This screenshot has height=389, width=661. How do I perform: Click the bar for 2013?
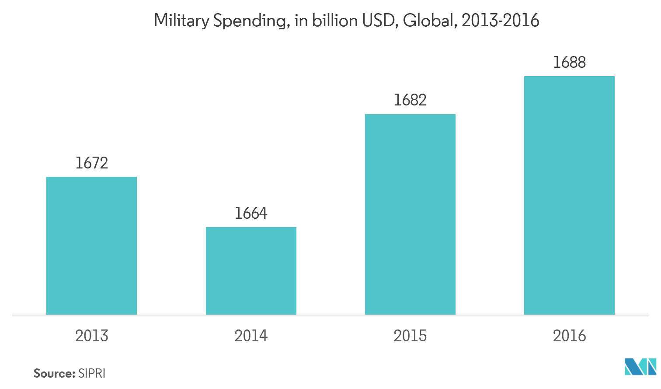pyautogui.click(x=91, y=245)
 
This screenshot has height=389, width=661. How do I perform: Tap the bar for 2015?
pyautogui.click(x=410, y=214)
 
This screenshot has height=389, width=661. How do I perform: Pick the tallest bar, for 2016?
pyautogui.click(x=569, y=195)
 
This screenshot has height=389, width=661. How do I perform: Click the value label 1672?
pyautogui.click(x=91, y=163)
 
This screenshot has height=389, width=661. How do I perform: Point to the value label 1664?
pyautogui.click(x=251, y=214)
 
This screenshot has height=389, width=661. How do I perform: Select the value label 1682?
pyautogui.click(x=410, y=101)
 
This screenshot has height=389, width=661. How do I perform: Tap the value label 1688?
pyautogui.click(x=569, y=63)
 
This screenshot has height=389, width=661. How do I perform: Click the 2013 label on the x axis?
pyautogui.click(x=91, y=336)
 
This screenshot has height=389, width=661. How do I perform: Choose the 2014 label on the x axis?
pyautogui.click(x=251, y=336)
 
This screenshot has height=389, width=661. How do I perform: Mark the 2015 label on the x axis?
pyautogui.click(x=410, y=336)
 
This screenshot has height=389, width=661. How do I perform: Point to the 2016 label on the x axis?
pyautogui.click(x=569, y=336)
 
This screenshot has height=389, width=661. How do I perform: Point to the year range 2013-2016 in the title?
pyautogui.click(x=501, y=21)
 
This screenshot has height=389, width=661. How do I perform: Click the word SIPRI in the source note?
pyautogui.click(x=92, y=374)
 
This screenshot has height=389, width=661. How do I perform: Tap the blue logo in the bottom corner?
pyautogui.click(x=640, y=367)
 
